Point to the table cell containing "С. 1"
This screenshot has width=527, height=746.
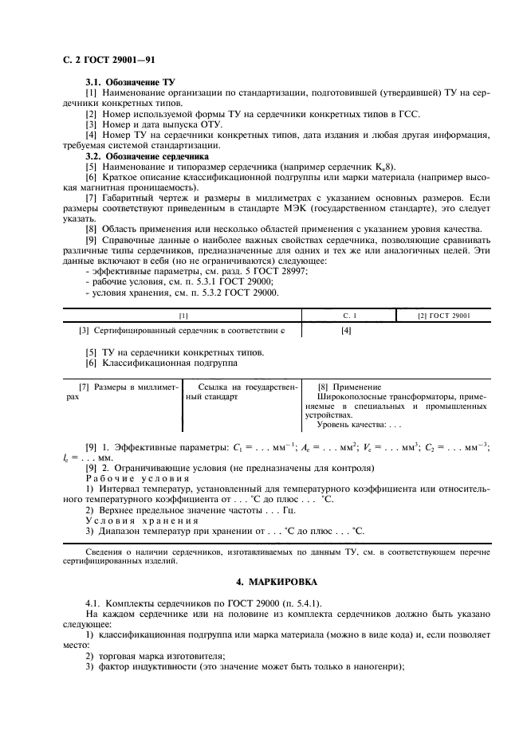pyautogui.click(x=349, y=316)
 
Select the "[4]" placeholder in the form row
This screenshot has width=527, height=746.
pyautogui.click(x=346, y=330)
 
